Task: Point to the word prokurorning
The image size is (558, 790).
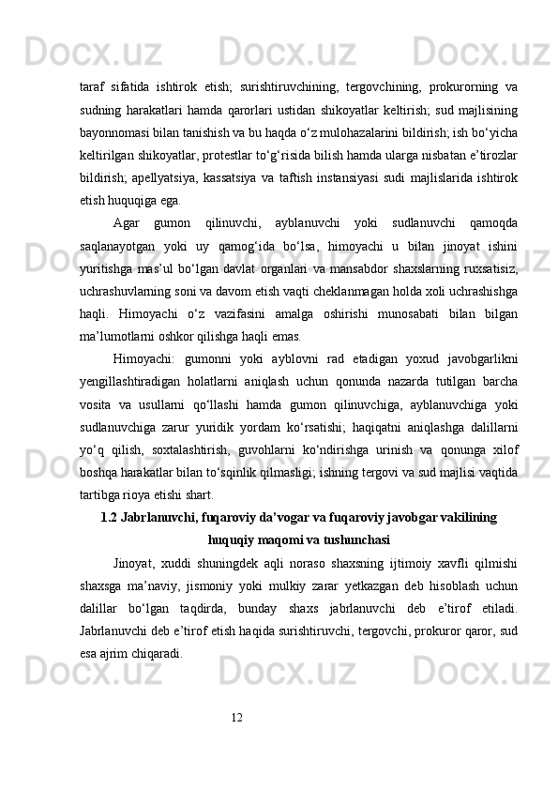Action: coord(461,87)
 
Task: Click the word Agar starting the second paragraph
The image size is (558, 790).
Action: coord(126,222)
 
